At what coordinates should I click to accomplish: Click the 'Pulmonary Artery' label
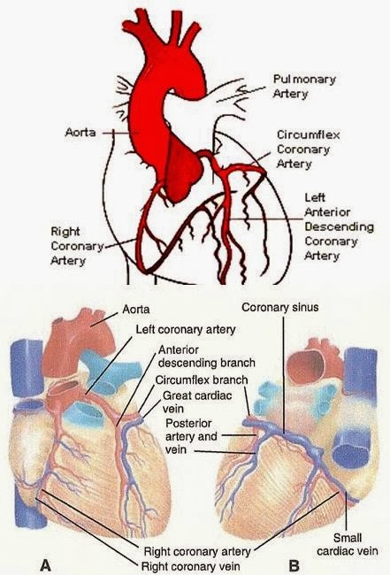coord(304,86)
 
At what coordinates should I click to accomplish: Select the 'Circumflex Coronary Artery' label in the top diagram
coord(309,149)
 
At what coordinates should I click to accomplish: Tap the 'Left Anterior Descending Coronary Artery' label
coord(339,226)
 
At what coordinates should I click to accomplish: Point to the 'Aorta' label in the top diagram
coord(80,132)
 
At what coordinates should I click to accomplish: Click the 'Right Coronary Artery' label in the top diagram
coord(77,246)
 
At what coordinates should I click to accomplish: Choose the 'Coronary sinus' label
coord(280,307)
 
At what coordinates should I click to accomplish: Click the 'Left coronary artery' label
coord(186,329)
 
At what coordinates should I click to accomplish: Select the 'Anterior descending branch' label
coord(206,356)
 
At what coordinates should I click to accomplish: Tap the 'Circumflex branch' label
coord(202,379)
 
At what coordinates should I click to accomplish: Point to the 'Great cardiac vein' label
coord(197,402)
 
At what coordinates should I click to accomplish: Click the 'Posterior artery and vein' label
coord(191,436)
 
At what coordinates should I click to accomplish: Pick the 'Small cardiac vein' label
coord(348,545)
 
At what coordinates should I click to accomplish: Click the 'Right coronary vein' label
coord(191,566)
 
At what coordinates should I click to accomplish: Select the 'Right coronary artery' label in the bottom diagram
coord(197,551)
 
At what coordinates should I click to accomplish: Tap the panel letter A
coord(45,564)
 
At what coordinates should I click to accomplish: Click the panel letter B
coord(294,565)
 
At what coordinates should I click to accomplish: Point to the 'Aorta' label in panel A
coord(135,309)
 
